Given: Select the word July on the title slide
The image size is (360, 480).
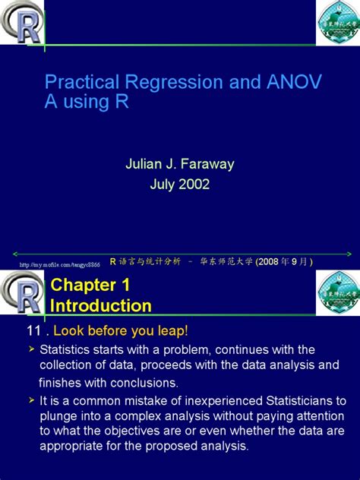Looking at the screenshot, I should tap(162, 184).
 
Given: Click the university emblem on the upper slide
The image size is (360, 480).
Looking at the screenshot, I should tap(337, 23).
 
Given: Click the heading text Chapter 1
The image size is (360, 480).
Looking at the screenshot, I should tap(90, 286).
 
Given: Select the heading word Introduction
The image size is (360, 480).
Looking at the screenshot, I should tap(100, 305).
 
